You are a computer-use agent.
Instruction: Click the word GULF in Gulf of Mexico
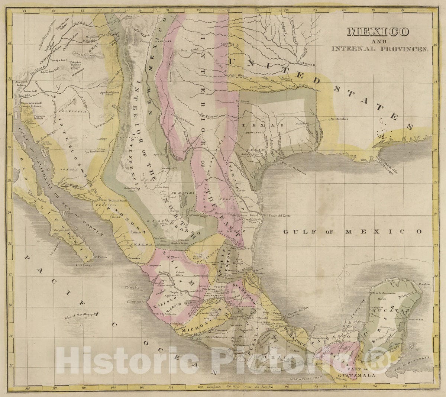point(296,231)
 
